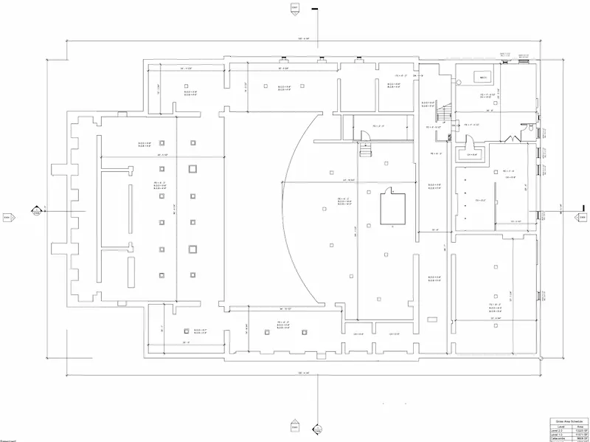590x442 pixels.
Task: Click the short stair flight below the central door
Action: [x=366, y=150]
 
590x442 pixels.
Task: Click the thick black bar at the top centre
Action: [x=314, y=8]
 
